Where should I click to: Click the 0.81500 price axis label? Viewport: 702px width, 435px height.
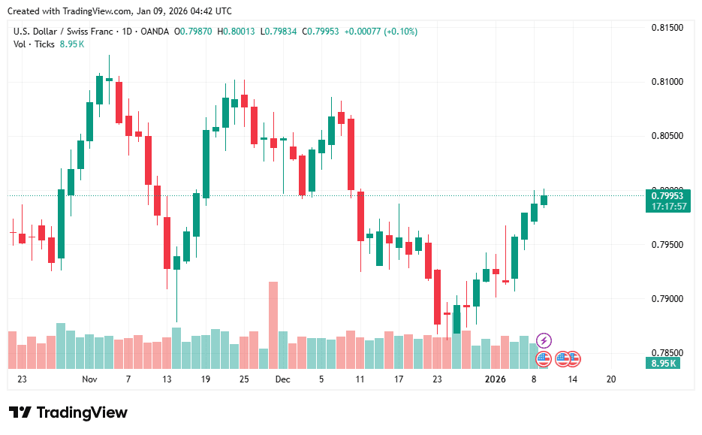coord(666,28)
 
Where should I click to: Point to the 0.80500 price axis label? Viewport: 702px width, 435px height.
coord(666,136)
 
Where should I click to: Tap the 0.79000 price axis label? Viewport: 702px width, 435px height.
coord(666,299)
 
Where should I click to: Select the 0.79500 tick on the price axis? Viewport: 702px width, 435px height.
coord(666,245)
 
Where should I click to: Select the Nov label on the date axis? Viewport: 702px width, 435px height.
coord(90,379)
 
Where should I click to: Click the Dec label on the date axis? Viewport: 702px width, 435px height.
coord(282,379)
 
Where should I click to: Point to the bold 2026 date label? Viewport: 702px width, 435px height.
coord(495,379)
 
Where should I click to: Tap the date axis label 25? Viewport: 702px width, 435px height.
coord(243,379)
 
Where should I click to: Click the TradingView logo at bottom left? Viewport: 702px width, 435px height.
coord(68,412)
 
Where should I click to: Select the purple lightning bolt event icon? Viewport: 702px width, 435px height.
coord(544,340)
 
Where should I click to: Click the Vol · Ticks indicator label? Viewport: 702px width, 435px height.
coord(34,44)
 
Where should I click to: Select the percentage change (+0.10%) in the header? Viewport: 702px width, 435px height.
coord(398,32)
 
